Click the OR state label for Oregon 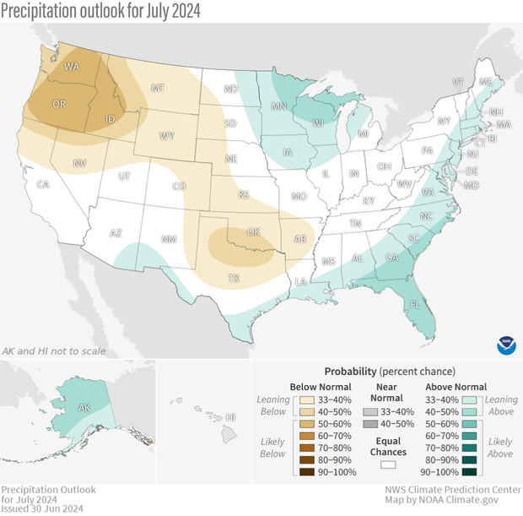point(59,104)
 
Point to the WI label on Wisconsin point(319,122)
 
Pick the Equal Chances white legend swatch point(390,464)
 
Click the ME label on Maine point(484,83)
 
